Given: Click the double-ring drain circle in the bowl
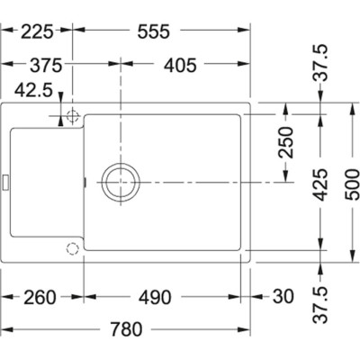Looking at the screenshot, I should pyautogui.click(x=119, y=181).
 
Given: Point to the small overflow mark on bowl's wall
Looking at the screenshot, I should pyautogui.click(x=85, y=181).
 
